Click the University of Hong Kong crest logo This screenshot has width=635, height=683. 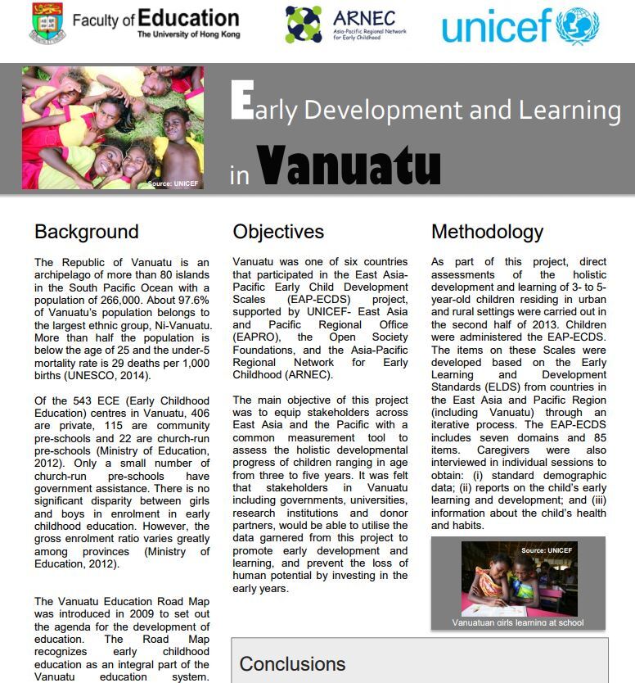click(x=47, y=23)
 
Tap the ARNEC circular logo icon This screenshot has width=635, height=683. click(x=303, y=24)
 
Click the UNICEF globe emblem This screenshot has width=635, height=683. click(x=578, y=25)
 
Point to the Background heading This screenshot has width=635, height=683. click(x=86, y=232)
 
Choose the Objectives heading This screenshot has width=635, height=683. click(x=278, y=232)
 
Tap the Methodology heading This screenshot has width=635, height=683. click(x=487, y=232)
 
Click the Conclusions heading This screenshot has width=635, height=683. click(x=292, y=663)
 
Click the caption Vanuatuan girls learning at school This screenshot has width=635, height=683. click(x=517, y=622)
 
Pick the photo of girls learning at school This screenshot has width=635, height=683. click(x=519, y=578)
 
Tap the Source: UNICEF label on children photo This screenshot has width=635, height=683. click(x=173, y=183)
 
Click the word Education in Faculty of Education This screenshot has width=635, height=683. click(x=188, y=18)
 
